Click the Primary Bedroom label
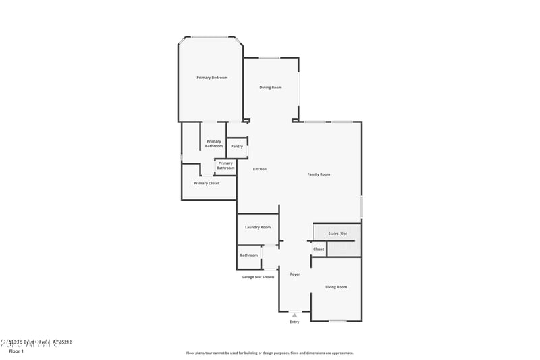pyautogui.click(x=212, y=78)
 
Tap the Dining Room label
pyautogui.click(x=271, y=87)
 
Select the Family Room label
pyautogui.click(x=319, y=174)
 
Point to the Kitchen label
pyautogui.click(x=260, y=169)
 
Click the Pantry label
pyautogui.click(x=237, y=147)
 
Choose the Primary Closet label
pyautogui.click(x=207, y=183)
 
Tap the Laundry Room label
pyautogui.click(x=258, y=227)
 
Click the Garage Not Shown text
pyautogui.click(x=258, y=277)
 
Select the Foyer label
pyautogui.click(x=295, y=274)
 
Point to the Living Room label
pyautogui.click(x=336, y=287)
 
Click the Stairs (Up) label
pyautogui.click(x=337, y=233)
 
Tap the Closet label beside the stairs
pyautogui.click(x=319, y=249)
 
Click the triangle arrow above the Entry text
pyautogui.click(x=294, y=315)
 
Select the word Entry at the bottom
pyautogui.click(x=294, y=322)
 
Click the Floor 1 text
pyautogui.click(x=16, y=351)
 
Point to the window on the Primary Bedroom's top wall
pyautogui.click(x=210, y=36)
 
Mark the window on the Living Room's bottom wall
pyautogui.click(x=337, y=321)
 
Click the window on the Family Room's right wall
pyautogui.click(x=362, y=206)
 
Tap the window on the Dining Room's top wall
pyautogui.click(x=269, y=57)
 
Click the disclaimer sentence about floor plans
pyautogui.click(x=269, y=353)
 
